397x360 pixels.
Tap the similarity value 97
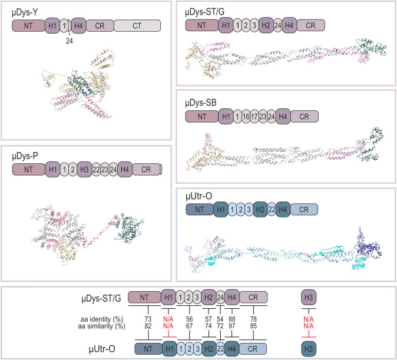point(233,326)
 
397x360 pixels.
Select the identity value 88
point(233,319)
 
